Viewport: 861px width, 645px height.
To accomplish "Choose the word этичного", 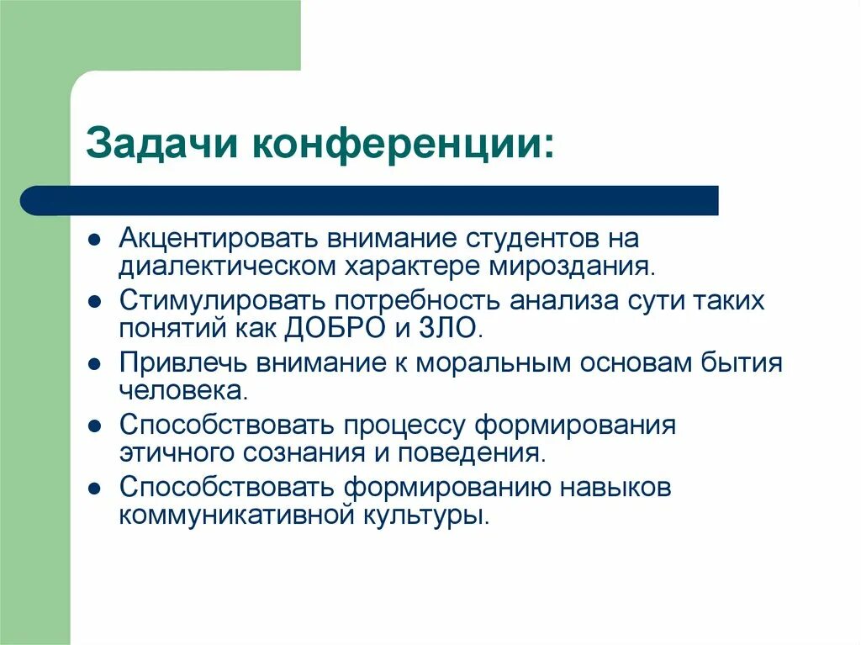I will click(178, 452).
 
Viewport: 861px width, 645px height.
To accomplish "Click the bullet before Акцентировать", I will click(97, 239).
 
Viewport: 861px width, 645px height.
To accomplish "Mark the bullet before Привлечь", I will click(97, 364).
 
